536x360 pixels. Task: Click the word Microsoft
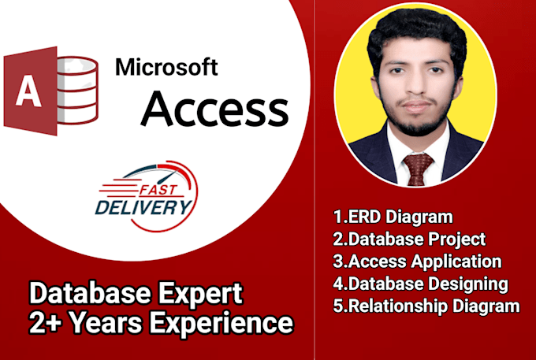point(166,69)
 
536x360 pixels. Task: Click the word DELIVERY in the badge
point(143,209)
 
